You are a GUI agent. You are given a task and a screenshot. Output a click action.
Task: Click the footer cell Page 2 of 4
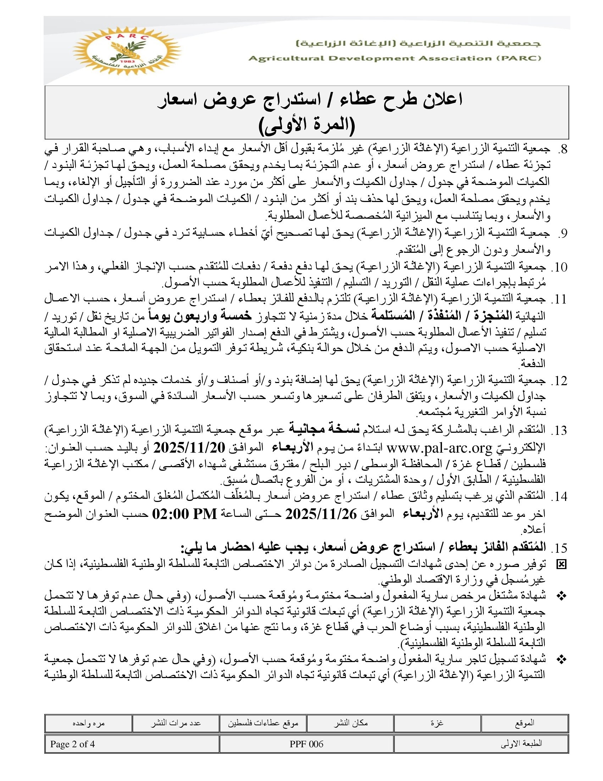coord(72,744)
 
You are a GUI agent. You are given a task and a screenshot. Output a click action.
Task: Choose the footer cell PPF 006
coord(306,744)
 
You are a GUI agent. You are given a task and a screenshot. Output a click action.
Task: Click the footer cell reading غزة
coord(437,723)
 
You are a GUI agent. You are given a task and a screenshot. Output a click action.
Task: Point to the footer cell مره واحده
coord(89,723)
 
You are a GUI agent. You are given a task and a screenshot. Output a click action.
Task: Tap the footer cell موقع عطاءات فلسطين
coord(263,723)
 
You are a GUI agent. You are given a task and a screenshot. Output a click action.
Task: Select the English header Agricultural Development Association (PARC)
coord(395,58)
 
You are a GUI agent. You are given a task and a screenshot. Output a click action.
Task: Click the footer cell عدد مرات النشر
coord(176,723)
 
